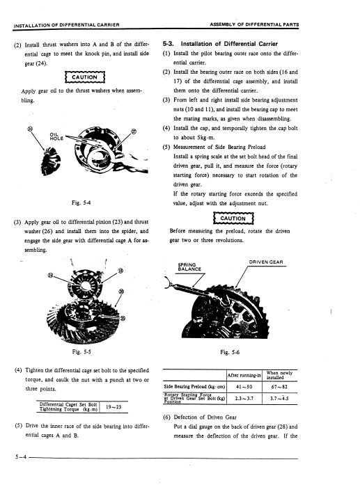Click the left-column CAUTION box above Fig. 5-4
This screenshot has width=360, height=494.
click(x=84, y=77)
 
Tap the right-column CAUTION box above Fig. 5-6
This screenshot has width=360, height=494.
click(x=233, y=218)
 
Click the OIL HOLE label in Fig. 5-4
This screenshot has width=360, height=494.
click(x=56, y=136)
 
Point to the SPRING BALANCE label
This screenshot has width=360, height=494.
click(x=189, y=267)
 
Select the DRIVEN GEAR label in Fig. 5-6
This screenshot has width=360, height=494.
click(x=266, y=262)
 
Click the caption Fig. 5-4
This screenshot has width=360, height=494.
click(x=81, y=202)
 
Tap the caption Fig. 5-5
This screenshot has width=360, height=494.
click(x=81, y=351)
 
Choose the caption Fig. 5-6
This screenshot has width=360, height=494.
click(x=230, y=352)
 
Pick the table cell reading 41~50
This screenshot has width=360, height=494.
click(x=244, y=387)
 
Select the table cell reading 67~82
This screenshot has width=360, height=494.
click(x=279, y=387)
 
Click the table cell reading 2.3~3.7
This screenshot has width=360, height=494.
click(x=244, y=398)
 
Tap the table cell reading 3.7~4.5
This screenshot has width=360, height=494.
click(x=279, y=398)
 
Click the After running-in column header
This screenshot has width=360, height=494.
click(x=244, y=375)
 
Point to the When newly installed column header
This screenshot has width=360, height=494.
click(x=279, y=375)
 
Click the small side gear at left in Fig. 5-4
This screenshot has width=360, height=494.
click(x=49, y=161)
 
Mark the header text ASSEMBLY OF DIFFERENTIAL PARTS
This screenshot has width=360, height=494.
click(x=254, y=24)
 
